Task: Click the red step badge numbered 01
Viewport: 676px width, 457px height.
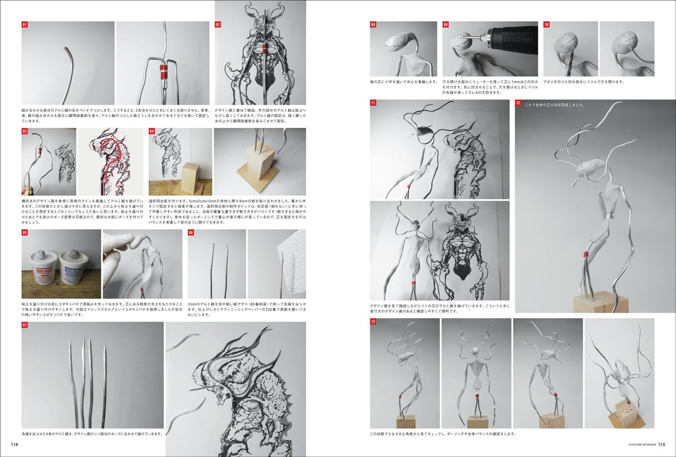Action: coord(24,25)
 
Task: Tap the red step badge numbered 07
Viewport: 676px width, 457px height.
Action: coord(24,325)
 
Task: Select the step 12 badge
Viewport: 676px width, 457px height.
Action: coord(518,103)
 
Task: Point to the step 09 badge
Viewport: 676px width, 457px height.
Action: coord(445,25)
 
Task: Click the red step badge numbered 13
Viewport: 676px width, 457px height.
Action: coord(373,322)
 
